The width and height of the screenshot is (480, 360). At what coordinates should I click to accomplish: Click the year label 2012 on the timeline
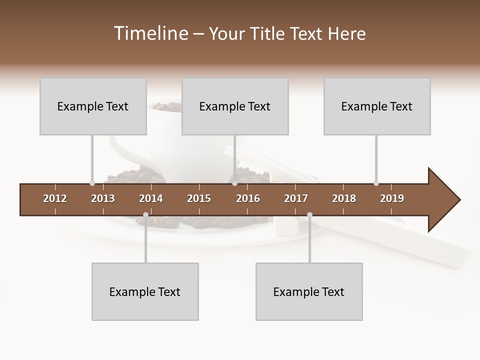click(x=55, y=198)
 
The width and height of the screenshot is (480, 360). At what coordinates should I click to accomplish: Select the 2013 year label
click(x=103, y=198)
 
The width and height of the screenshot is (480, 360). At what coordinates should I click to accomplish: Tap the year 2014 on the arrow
click(x=151, y=198)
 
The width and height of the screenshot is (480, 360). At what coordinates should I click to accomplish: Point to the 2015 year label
click(x=199, y=198)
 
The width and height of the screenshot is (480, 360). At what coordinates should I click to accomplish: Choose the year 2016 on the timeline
click(x=248, y=198)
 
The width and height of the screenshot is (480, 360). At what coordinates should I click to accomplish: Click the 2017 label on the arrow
click(x=296, y=198)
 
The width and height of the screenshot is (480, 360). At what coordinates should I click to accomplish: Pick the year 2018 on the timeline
click(x=344, y=198)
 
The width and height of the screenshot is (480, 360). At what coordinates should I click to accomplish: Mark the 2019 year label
click(x=392, y=198)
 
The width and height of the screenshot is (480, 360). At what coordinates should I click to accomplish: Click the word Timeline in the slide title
click(x=149, y=33)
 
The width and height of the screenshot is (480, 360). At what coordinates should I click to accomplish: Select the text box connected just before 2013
click(x=93, y=106)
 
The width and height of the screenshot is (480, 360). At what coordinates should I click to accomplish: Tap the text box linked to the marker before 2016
click(x=235, y=106)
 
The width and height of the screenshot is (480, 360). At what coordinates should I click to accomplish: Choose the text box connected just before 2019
click(x=377, y=106)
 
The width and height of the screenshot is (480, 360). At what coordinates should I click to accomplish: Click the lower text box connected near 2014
click(x=145, y=291)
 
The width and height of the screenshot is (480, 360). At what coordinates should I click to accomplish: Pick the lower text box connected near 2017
click(x=309, y=291)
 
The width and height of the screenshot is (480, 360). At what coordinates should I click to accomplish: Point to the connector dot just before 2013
click(x=92, y=183)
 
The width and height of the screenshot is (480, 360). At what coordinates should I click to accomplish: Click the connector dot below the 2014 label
click(x=145, y=215)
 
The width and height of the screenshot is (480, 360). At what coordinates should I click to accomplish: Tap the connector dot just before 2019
click(x=376, y=183)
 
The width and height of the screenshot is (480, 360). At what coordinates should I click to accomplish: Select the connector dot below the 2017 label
click(x=309, y=215)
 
